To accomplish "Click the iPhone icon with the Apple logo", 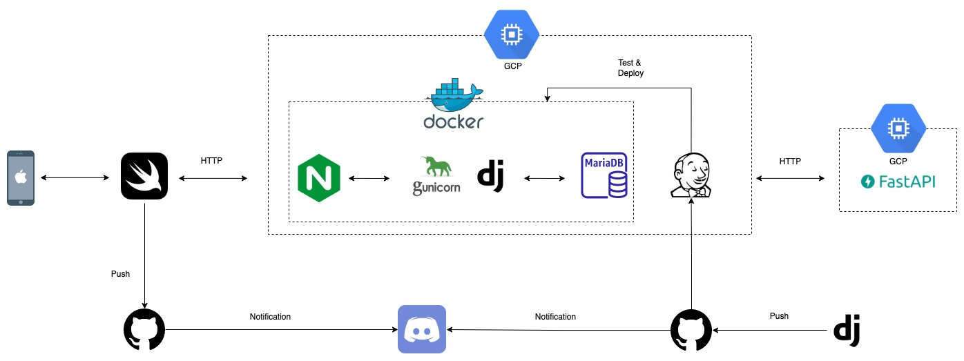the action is click(x=21, y=177).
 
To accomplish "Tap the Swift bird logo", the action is click(x=144, y=176).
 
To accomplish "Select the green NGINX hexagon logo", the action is click(x=319, y=177).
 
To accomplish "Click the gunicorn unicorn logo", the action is click(x=436, y=176).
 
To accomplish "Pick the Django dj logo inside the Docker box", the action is click(x=490, y=175).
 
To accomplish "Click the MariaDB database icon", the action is click(x=604, y=175).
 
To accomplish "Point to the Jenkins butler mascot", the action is click(x=691, y=175).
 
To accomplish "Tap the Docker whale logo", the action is click(x=454, y=104).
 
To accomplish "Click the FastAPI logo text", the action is click(x=898, y=182).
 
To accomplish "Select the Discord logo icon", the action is click(x=422, y=329).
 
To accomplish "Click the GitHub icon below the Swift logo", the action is click(x=144, y=329).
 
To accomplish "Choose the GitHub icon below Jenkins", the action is click(x=691, y=330).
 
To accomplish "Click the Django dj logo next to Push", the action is click(x=847, y=330).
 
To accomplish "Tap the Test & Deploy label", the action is click(x=630, y=68).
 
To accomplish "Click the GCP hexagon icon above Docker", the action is click(x=512, y=35).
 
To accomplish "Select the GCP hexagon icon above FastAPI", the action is click(x=898, y=128).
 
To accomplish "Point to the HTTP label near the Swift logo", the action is click(x=211, y=161).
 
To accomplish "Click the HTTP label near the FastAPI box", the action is click(x=790, y=162).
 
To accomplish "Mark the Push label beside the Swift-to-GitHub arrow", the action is click(x=120, y=273).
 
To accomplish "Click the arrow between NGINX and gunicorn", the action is click(x=369, y=178).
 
